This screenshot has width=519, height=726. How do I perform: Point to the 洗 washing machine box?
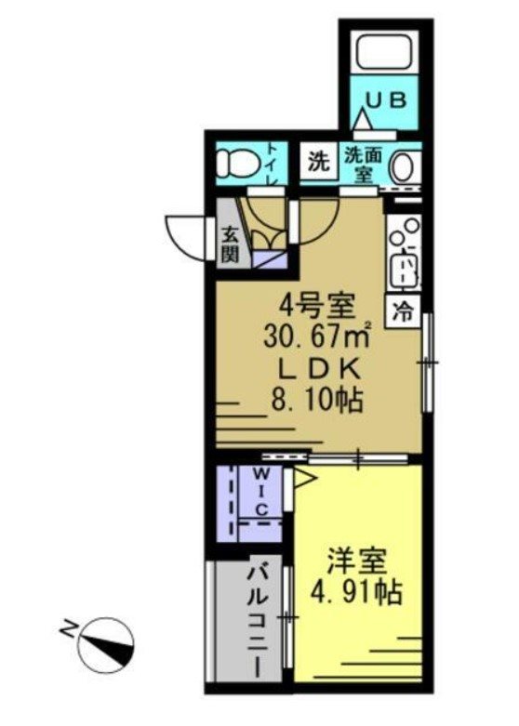pos(319,162)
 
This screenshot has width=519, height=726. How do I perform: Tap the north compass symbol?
pos(104,643)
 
